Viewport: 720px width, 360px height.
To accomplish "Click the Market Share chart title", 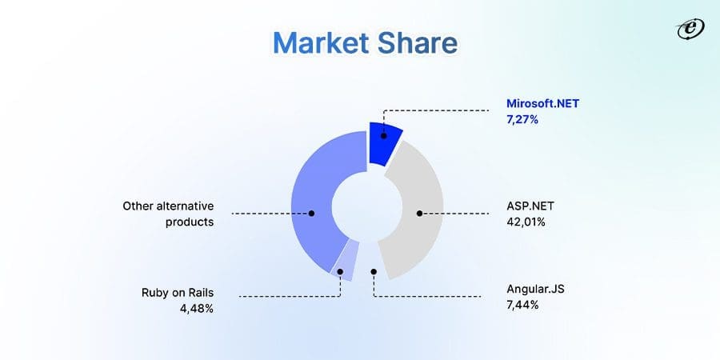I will click(x=365, y=43).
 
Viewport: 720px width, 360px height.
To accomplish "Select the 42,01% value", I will click(x=526, y=222).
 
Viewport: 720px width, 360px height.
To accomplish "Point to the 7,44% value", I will click(x=522, y=306).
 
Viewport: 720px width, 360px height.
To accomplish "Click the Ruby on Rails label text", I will click(x=178, y=293).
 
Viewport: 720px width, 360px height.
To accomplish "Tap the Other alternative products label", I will click(x=168, y=214).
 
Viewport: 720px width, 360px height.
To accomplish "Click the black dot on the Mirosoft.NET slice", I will click(x=384, y=135).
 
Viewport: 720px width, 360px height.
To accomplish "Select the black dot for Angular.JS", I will click(x=374, y=272).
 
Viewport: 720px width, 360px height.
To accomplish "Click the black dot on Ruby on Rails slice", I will click(x=341, y=272).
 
